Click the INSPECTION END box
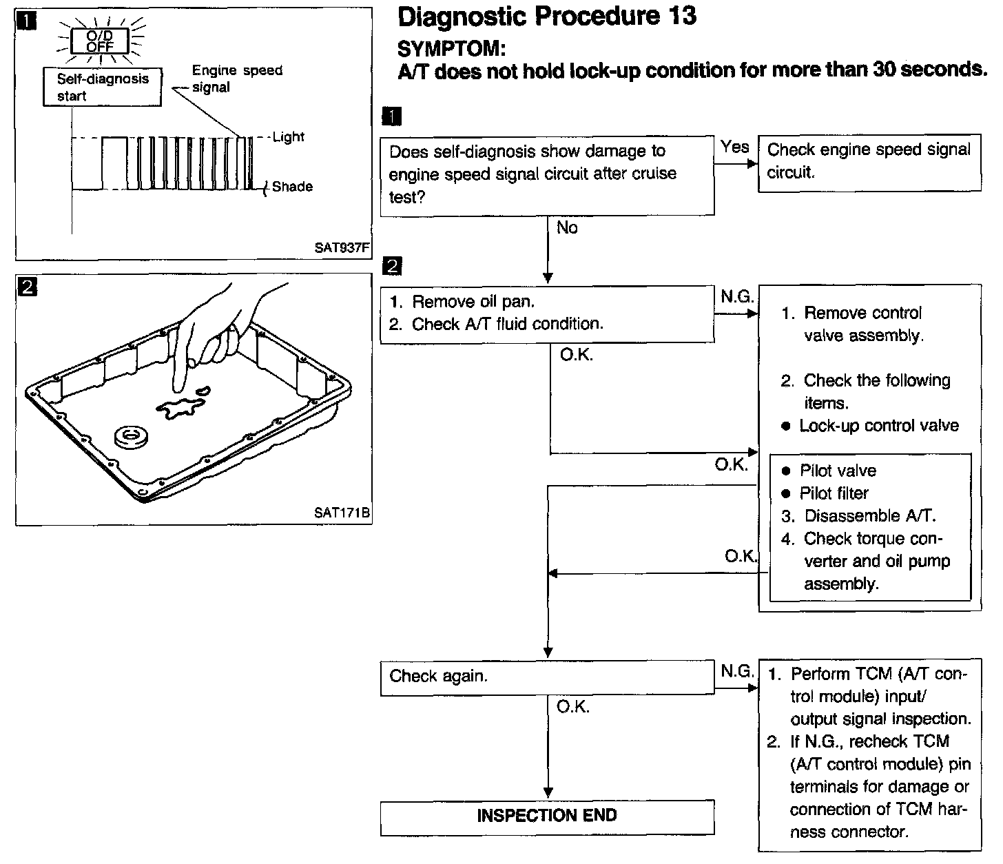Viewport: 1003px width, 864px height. [547, 816]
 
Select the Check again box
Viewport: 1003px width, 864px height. [547, 677]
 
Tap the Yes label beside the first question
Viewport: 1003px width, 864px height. [734, 147]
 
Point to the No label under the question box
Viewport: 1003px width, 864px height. [567, 228]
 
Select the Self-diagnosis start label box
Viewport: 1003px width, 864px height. [102, 87]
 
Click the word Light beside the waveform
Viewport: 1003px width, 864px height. [288, 137]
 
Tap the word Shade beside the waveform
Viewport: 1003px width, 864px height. [292, 187]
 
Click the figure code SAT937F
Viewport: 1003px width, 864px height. [342, 248]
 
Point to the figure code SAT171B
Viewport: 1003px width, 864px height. [342, 513]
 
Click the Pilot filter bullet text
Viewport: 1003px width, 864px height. [834, 493]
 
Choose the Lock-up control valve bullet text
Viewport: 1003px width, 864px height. [878, 426]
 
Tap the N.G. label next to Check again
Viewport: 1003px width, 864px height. [737, 670]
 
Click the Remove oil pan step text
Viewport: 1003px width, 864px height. [473, 302]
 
